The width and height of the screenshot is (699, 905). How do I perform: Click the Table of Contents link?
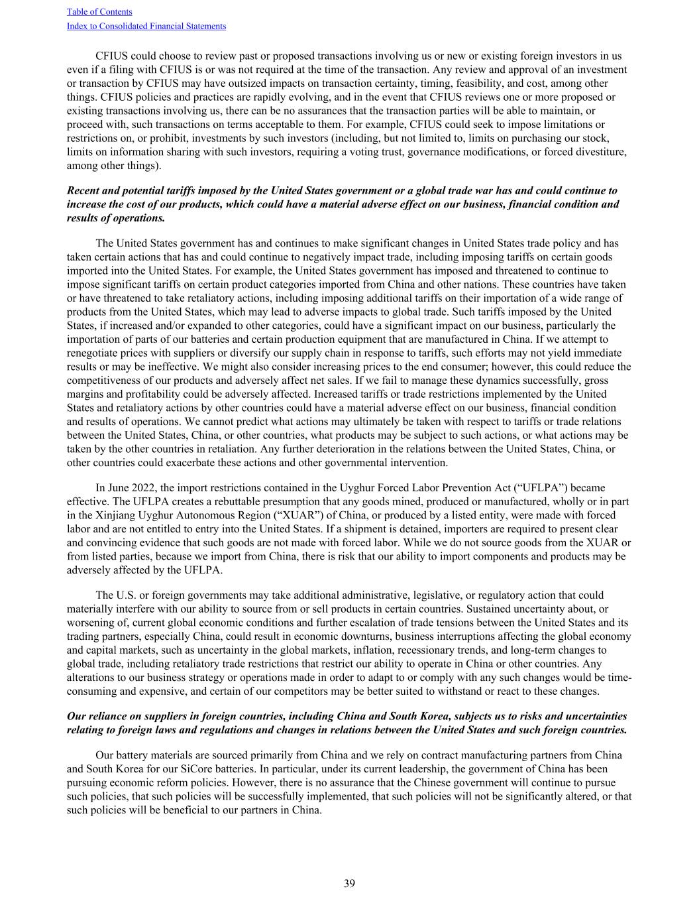[99, 12]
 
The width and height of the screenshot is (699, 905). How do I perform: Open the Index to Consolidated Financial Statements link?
[146, 27]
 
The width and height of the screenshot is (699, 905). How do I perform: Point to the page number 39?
[349, 883]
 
